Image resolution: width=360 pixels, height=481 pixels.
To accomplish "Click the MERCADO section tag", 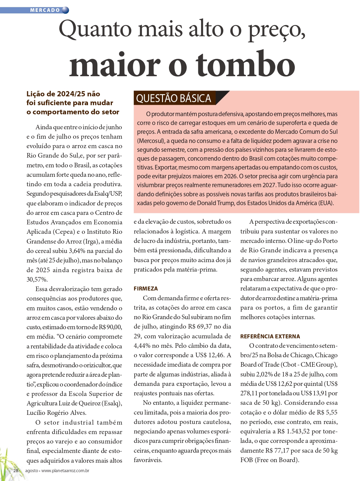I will pos(45,10).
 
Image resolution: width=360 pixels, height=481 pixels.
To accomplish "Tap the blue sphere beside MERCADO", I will pos(65,10).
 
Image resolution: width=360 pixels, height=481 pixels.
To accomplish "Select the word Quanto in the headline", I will pos(95,29).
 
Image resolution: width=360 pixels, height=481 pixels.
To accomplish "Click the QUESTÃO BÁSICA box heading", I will pos(174,98).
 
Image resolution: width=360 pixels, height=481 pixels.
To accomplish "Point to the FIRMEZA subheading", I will pos(146,288).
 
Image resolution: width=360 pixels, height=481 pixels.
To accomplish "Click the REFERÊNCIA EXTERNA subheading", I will pos(270,336).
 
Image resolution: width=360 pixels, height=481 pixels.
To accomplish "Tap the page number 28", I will pos(16,470).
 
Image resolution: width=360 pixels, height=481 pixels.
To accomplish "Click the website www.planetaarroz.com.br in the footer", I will pos(65,470).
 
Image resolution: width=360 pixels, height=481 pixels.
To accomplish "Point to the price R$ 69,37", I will pos(200,326).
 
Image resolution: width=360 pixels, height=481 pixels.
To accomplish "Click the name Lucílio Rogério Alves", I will pos(56,413).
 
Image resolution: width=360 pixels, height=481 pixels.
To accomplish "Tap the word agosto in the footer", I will pos(31,470).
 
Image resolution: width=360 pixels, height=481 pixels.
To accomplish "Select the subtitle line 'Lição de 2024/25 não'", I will pos(63,94).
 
